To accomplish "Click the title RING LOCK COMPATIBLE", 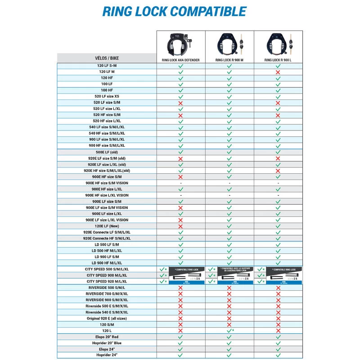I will point(174,11).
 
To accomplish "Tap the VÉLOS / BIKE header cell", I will point(107,58).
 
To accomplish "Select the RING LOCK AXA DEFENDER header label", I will point(180,59).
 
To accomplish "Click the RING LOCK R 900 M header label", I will point(229,59).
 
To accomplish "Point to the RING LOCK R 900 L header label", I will point(278,59).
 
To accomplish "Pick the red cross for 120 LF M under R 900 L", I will point(278,72).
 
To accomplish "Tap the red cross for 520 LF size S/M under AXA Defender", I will point(180,103).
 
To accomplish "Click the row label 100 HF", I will point(107,90).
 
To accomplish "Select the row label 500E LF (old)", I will point(107,152).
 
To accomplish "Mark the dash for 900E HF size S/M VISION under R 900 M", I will point(229,183).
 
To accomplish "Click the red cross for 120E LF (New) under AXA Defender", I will point(180,226).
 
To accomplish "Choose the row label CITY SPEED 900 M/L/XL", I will point(106,275).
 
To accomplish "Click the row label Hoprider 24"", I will point(107,355).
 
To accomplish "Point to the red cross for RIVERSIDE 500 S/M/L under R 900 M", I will point(229,288).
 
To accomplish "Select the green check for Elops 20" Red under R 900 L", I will point(278,337).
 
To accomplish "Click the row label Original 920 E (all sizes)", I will point(107,319).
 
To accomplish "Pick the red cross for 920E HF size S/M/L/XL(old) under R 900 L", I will point(278,171).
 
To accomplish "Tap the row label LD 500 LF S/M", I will point(107,245).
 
